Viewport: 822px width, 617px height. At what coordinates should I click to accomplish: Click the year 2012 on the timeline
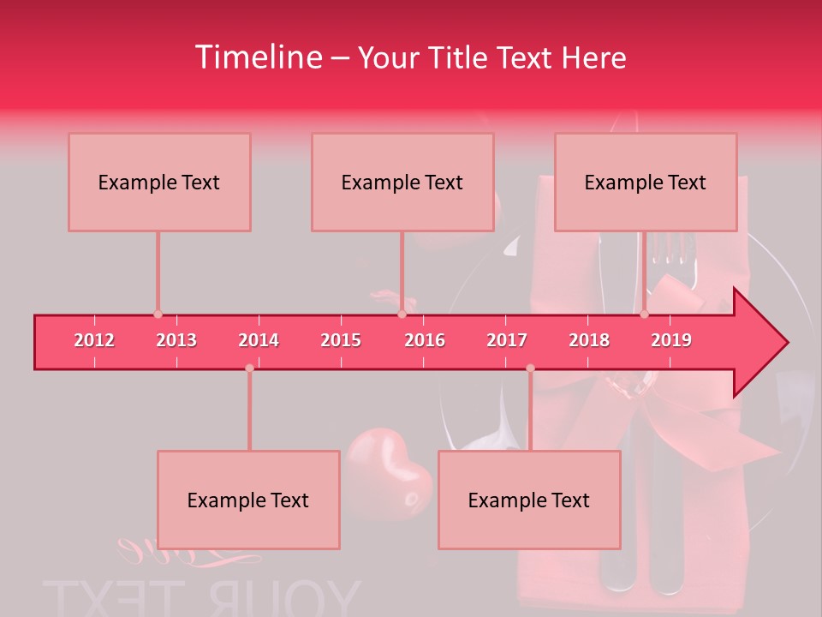point(94,340)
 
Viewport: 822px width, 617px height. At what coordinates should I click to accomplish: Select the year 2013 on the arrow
point(176,340)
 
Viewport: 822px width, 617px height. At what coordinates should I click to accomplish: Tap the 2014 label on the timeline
point(259,340)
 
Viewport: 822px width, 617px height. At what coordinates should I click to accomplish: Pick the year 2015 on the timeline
point(341,340)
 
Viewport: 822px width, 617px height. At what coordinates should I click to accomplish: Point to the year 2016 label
point(425,340)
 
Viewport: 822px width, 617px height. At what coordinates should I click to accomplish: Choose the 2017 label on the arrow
point(507,340)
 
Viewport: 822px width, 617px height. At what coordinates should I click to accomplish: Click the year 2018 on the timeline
point(589,340)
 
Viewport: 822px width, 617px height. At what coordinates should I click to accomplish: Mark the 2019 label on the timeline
point(671,340)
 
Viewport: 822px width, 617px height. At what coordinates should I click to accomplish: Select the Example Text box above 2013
point(159,182)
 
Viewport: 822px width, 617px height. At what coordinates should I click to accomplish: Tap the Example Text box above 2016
point(402,182)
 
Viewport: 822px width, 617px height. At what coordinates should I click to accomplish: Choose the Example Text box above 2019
point(646,182)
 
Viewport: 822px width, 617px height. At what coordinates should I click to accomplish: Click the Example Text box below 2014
point(248,500)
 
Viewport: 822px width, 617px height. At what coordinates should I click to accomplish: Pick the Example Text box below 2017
point(529,500)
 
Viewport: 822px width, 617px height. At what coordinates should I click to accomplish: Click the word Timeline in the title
point(257,57)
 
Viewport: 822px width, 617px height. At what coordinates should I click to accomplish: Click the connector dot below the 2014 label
point(249,368)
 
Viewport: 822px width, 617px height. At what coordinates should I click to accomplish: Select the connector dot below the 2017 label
point(530,368)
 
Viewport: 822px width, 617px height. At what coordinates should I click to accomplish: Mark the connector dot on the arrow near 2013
point(158,314)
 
